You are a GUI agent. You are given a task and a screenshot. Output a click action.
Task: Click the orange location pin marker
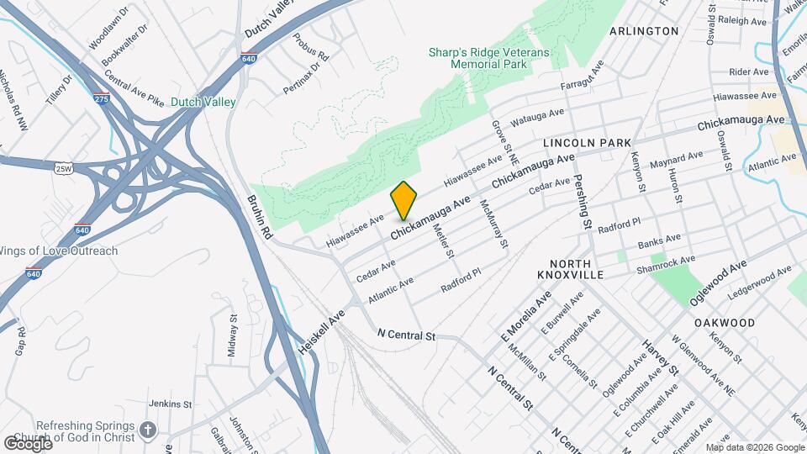(404, 201)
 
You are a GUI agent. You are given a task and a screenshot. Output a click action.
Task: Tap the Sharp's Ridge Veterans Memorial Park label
(488, 58)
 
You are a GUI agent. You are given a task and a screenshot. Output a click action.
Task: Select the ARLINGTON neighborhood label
(644, 31)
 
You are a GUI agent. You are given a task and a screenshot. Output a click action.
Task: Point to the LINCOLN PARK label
(587, 144)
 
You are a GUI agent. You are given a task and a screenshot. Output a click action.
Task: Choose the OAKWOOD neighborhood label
(725, 323)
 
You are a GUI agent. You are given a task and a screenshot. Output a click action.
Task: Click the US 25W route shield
(62, 169)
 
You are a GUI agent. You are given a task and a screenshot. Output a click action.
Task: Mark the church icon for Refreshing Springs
(148, 431)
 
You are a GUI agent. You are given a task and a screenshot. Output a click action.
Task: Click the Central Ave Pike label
(134, 94)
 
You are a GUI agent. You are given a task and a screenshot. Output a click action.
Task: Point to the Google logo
(28, 443)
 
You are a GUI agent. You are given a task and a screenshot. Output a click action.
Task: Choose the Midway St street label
(232, 335)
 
